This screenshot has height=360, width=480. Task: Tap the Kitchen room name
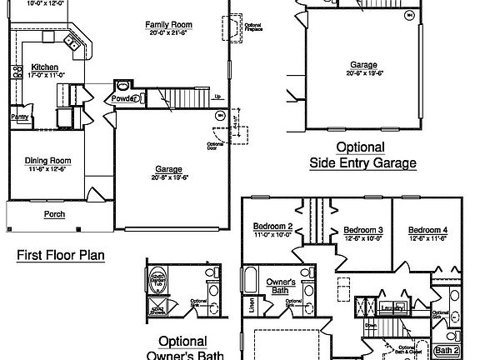tap(44, 67)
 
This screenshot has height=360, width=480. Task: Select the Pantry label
tap(19, 117)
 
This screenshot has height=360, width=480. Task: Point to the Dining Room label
tap(47, 161)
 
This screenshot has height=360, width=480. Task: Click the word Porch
tap(55, 213)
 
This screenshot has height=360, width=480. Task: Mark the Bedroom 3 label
tap(363, 229)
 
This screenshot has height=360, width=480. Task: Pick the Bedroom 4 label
tap(428, 229)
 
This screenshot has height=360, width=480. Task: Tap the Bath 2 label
tap(447, 350)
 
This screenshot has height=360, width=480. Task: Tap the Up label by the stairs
tap(217, 96)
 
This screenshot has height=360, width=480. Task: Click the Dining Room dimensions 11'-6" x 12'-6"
tap(47, 169)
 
